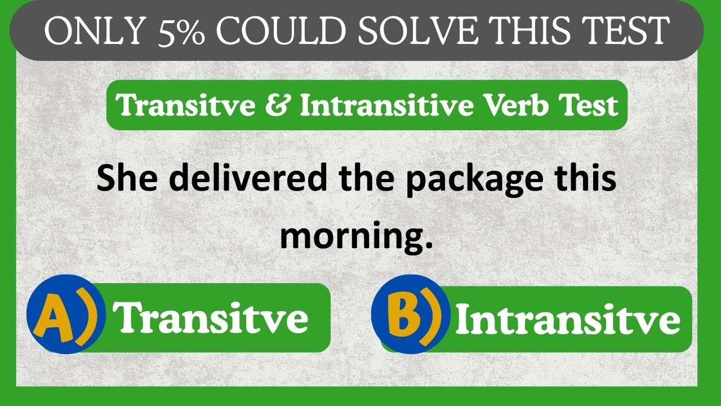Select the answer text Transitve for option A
(211, 317)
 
